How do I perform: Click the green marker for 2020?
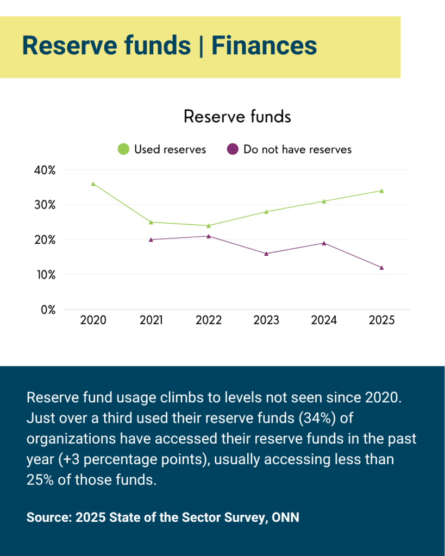93,184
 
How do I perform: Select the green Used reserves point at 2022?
209,226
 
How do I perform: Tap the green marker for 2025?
381,191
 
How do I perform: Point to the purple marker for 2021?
151,239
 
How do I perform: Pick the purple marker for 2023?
266,254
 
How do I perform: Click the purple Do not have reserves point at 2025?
381,268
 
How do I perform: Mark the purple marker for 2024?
324,243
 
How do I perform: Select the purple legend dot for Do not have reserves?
233,149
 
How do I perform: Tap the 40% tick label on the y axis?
45,170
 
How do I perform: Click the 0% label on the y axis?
48,309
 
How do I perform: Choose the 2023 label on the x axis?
266,320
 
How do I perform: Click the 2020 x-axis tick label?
93,320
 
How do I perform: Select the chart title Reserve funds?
237,116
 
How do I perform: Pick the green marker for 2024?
324,201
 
